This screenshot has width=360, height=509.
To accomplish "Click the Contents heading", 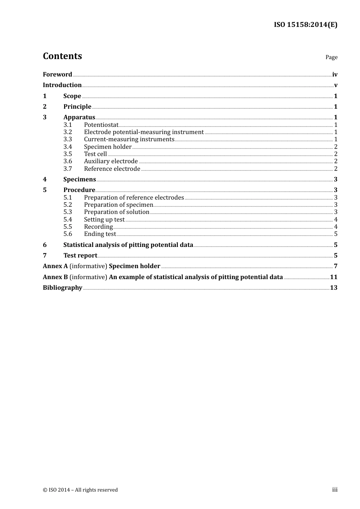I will coord(62,56).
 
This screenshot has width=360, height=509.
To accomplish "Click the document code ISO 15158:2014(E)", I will coord(305,25).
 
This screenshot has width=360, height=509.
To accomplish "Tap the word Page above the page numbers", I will coord(331,57).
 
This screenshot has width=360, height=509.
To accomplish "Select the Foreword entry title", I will coord(57,75).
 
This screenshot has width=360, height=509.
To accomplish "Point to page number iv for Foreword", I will coord(335,75).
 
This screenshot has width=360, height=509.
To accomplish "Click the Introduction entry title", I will coord(62,85).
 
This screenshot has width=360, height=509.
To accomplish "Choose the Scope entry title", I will coord(72,96).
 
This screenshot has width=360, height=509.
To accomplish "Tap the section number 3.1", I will coord(67,125).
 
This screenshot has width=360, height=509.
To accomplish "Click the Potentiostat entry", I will coord(101,125).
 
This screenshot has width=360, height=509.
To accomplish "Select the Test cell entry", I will coord(95,154).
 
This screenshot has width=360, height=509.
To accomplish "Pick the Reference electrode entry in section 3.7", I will coord(112,169).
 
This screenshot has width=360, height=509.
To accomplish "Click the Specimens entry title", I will coord(80,180).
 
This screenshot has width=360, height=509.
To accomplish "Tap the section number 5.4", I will coord(67,220).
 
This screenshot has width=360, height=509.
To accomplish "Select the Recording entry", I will coord(99,227).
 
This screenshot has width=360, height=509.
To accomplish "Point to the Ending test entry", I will coord(100,234).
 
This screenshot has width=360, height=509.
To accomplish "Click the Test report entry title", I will coord(80,256).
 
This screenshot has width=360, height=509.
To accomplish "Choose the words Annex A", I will coord(53,266).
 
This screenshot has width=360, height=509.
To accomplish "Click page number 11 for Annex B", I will coord(333,277).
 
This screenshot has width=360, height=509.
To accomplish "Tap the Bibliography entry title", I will coord(63,288).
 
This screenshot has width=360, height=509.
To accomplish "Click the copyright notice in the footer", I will coord(80,490).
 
